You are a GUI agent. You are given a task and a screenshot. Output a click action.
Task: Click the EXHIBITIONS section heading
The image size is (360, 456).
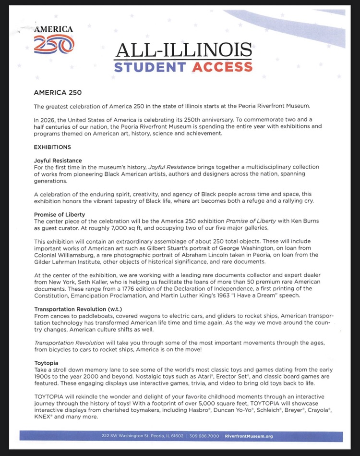52,147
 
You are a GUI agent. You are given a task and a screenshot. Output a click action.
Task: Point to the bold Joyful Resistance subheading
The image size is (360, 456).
58,160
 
